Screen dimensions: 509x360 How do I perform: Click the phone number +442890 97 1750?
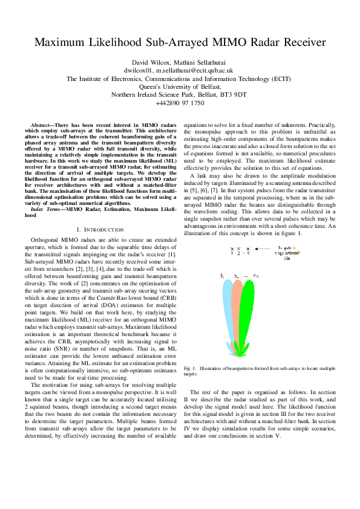pos(180,103)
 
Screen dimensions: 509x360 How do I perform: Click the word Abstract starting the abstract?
pos(42,124)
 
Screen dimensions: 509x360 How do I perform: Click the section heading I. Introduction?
pos(101,230)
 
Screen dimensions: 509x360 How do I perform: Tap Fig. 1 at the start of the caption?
pos(189,368)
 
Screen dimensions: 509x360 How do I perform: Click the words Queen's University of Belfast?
pos(180,86)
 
